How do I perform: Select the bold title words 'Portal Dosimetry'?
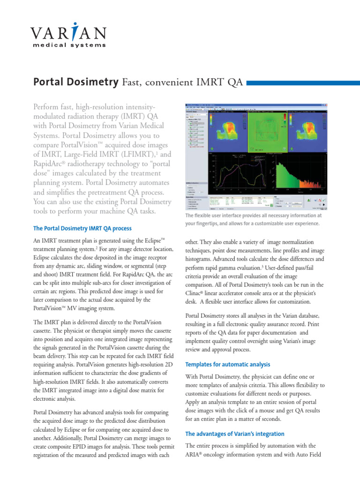75,82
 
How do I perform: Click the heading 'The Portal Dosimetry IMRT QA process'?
82,228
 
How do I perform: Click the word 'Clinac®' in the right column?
197,293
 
